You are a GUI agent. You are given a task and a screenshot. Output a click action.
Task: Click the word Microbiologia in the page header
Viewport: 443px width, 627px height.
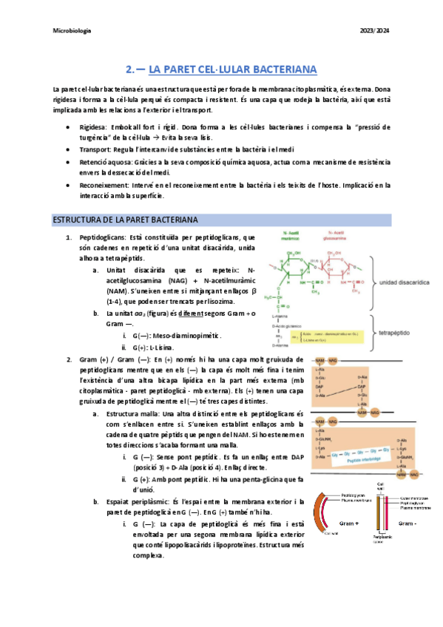click(72, 30)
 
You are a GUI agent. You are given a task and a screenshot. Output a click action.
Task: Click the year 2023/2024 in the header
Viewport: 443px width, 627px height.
click(374, 30)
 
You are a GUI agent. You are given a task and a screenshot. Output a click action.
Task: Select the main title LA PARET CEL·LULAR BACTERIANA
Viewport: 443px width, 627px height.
click(233, 70)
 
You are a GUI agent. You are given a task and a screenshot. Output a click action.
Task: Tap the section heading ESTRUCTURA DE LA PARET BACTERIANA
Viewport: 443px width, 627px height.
click(124, 220)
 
